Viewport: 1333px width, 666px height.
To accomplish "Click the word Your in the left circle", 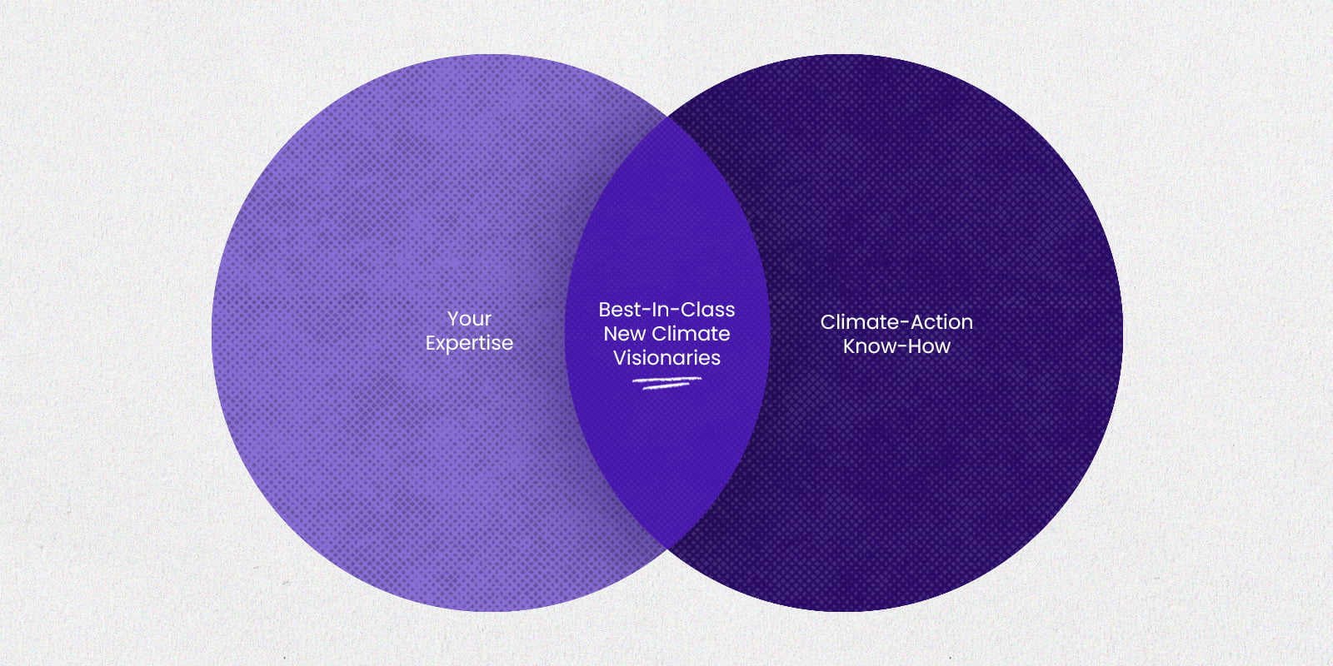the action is (469, 320).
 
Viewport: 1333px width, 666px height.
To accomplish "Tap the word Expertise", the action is (469, 344).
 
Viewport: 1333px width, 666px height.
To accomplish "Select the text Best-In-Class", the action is (666, 310).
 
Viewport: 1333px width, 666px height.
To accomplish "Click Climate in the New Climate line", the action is (691, 334).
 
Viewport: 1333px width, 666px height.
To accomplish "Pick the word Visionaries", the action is (666, 358).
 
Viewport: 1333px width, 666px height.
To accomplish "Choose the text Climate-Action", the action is (896, 322).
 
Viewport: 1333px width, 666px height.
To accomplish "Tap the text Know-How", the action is (896, 346).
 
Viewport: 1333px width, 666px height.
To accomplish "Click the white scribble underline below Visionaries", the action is (667, 383).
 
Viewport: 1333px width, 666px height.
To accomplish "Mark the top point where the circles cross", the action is (667, 117).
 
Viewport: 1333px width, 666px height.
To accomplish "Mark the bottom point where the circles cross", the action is (667, 549).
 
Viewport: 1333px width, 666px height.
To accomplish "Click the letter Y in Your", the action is (454, 320).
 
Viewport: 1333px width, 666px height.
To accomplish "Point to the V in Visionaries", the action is (620, 358).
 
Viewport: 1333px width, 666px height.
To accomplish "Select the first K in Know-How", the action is (849, 346).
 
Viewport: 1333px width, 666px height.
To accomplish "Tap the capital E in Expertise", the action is (431, 343).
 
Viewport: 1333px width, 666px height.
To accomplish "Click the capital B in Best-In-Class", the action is (605, 310).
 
